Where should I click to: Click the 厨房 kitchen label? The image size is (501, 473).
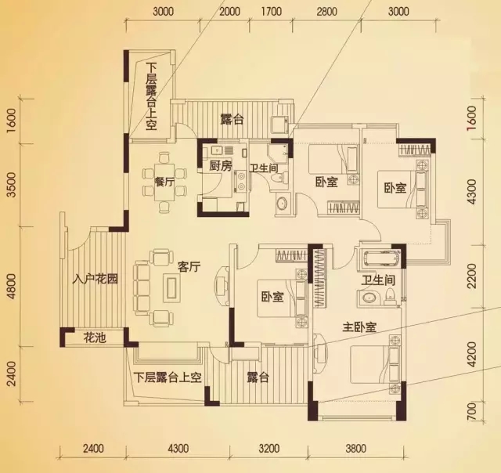coord(220,166)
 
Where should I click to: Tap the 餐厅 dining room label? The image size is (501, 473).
coord(164,182)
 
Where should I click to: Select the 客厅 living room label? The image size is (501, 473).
coord(189,267)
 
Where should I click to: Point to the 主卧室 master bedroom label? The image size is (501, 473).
coord(359,327)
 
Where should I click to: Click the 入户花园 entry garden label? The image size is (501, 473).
coord(96,279)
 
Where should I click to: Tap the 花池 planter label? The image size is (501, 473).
coord(95,338)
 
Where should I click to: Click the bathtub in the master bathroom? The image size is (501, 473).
coord(380,258)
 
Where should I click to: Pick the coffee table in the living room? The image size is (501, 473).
coord(172,287)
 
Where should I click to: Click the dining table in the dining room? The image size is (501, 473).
coord(164,182)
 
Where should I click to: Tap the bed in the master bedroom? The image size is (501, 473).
coord(375,365)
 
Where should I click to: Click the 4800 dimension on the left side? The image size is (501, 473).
coord(11,287)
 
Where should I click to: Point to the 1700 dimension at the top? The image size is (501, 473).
coord(272,12)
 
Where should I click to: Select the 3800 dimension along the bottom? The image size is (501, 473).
coord(355,449)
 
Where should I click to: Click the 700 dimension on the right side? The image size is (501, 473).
coord(471,411)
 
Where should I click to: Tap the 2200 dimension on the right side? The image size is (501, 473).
coord(471,276)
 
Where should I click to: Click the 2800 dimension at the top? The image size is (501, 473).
coord(327,12)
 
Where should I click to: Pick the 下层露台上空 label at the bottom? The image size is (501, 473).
coord(168,377)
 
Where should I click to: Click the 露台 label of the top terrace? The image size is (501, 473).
coord(232,120)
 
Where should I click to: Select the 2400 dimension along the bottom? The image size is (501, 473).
coord(93,449)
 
